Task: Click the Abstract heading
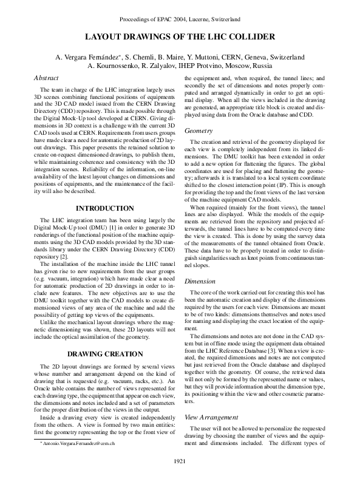[x=46, y=78]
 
